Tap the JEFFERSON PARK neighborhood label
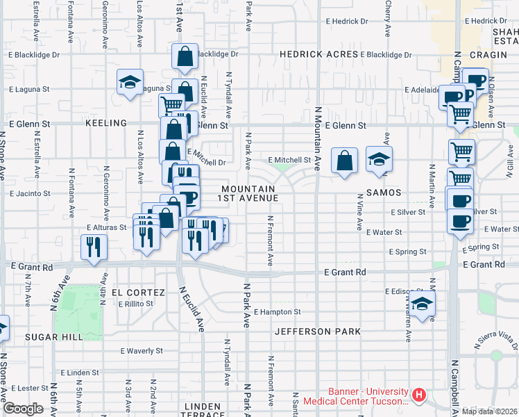[x=317, y=332]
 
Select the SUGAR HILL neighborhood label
[x=55, y=336]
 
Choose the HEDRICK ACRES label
[x=318, y=54]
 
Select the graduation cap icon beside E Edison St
[x=421, y=303]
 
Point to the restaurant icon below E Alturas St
[x=94, y=247]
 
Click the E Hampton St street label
[x=277, y=313]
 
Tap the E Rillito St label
[x=135, y=304]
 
